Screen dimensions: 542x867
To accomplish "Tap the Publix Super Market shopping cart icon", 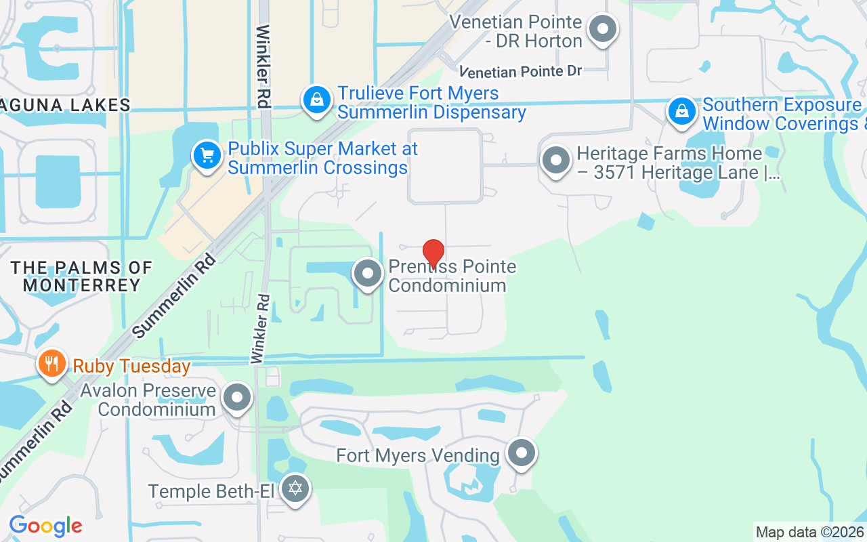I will (207, 157).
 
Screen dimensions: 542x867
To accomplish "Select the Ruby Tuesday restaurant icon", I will (51, 364).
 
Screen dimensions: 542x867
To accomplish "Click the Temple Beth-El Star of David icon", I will (295, 488).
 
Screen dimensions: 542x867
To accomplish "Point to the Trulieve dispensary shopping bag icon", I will (316, 100).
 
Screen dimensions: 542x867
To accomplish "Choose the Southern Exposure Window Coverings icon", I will (682, 112).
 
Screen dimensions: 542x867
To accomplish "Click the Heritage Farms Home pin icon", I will (556, 161).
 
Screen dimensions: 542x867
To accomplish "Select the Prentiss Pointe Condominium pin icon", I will (368, 274).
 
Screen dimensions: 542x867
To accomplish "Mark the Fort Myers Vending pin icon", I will (521, 453).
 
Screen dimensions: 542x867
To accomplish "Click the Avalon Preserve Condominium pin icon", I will (237, 398).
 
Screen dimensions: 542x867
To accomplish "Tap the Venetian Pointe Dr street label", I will (521, 71).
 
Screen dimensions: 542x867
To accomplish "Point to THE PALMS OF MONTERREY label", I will (81, 276).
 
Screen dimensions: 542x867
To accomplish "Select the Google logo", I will (45, 526).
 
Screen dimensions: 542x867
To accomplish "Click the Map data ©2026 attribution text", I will (809, 533).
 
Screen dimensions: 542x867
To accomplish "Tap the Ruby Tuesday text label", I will (131, 367).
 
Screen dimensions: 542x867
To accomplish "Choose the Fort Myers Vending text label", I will (418, 455).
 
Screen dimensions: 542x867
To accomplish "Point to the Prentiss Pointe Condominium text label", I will (451, 276).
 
